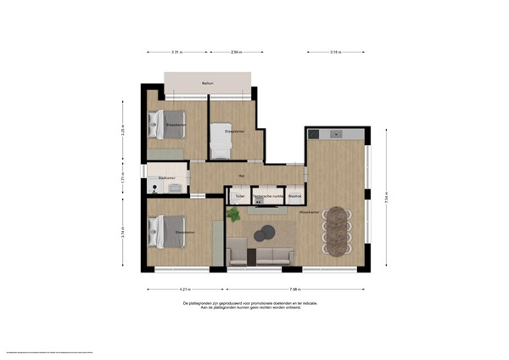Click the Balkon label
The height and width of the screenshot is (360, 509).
pyautogui.click(x=207, y=83)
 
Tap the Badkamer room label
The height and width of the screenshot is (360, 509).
pyautogui.click(x=166, y=177)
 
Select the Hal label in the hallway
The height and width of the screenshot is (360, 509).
pyautogui.click(x=242, y=176)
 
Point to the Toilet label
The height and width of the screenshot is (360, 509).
pyautogui.click(x=240, y=196)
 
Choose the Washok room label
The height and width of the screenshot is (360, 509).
pyautogui.click(x=294, y=196)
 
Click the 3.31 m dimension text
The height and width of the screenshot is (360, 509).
pyautogui.click(x=176, y=53)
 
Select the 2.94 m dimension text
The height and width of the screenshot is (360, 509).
pyautogui.click(x=235, y=53)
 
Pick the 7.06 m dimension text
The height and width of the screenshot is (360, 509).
pyautogui.click(x=294, y=289)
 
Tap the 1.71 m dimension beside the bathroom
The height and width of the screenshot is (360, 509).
pyautogui.click(x=123, y=179)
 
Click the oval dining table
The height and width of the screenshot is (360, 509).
pyautogui.click(x=339, y=230)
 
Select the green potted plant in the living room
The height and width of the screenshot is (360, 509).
pyautogui.click(x=232, y=215)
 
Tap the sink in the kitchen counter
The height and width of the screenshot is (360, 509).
pyautogui.click(x=333, y=133)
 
